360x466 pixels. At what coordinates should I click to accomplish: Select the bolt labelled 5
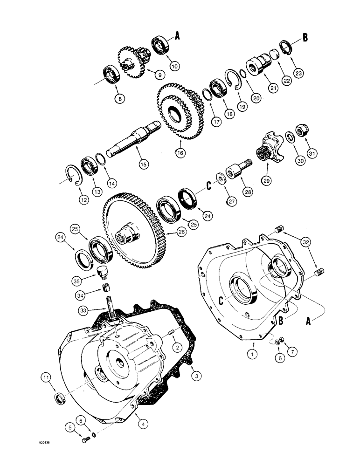84,440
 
